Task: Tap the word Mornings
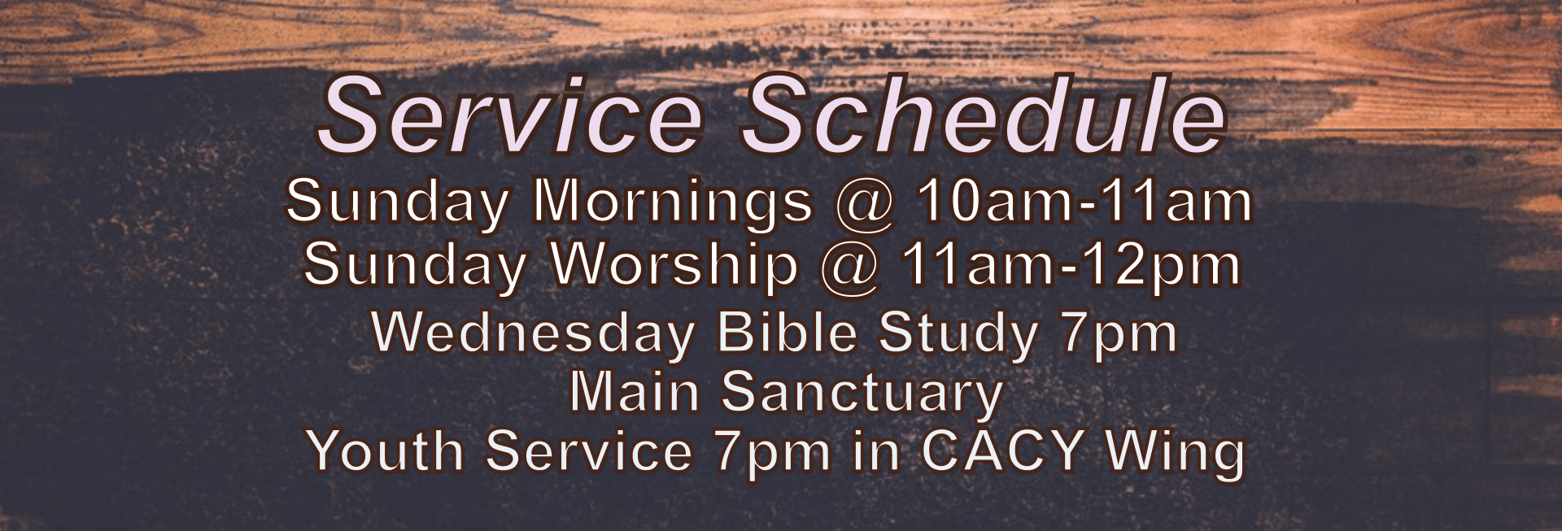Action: [x=672, y=204]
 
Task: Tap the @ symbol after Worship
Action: [x=851, y=269]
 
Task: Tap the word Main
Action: [x=635, y=393]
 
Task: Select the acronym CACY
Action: [x=1005, y=450]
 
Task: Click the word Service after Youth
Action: [x=589, y=450]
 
